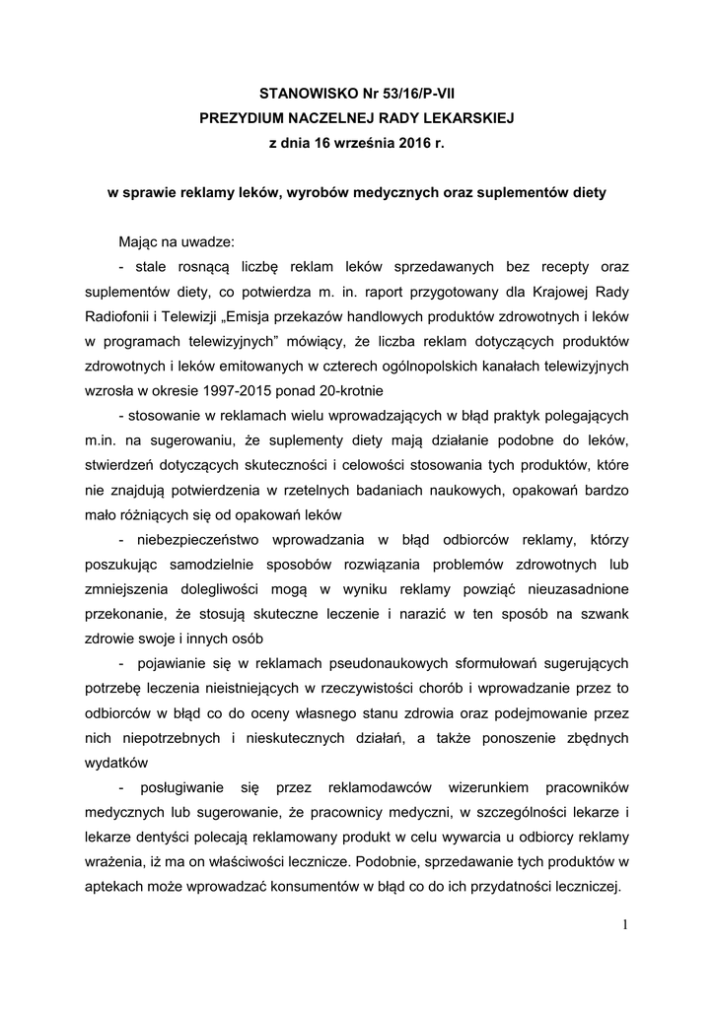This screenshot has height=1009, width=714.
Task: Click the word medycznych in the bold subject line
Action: tap(400, 192)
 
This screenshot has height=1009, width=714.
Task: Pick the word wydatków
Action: tap(116, 761)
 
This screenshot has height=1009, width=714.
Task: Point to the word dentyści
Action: tap(175, 835)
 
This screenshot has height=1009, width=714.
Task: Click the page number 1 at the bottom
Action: tap(624, 923)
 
